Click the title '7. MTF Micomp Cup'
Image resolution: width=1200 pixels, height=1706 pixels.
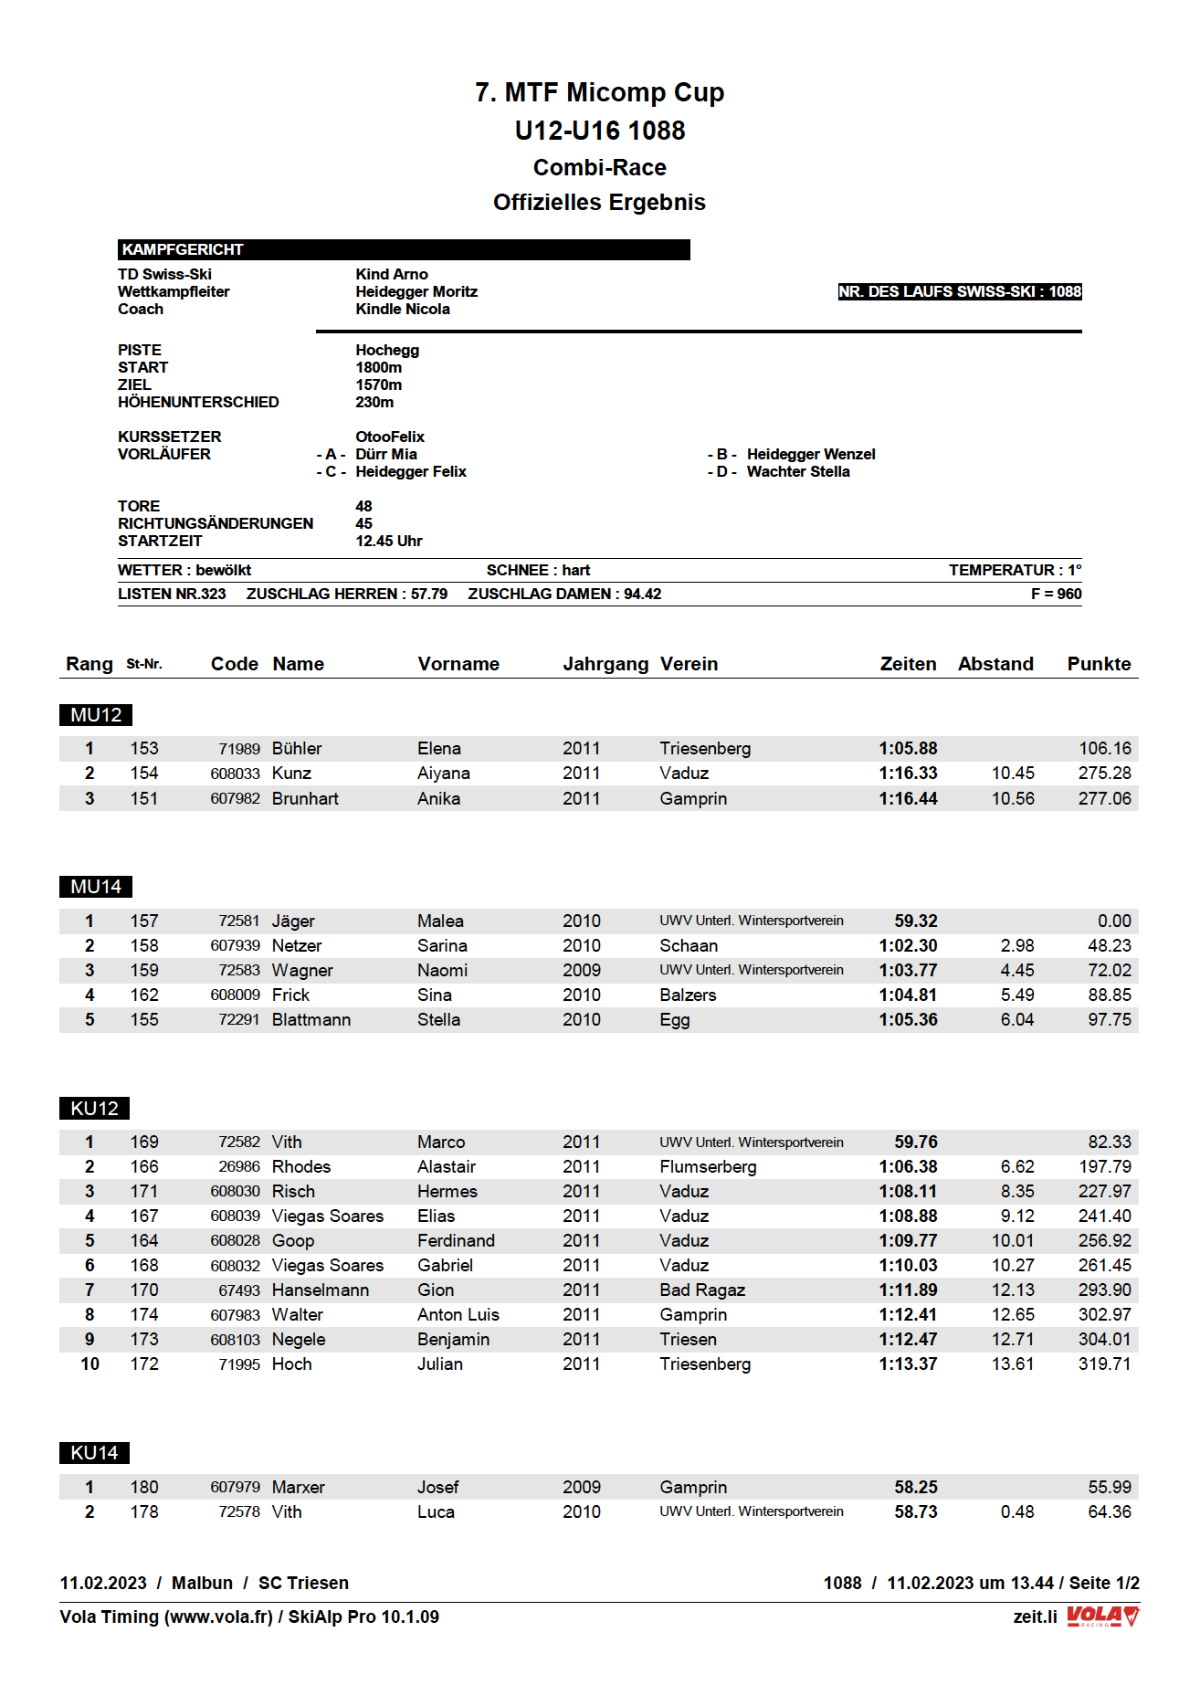[599, 92]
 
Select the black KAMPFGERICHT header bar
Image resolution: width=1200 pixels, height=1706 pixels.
[403, 249]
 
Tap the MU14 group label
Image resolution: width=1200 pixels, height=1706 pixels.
[96, 887]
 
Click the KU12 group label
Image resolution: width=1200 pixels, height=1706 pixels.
[94, 1108]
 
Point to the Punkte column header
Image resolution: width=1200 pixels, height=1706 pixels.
[1099, 664]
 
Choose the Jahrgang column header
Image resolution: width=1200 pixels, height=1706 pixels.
[605, 664]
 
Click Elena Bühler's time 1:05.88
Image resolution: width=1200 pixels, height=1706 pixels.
[908, 748]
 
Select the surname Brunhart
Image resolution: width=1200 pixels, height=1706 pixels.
[305, 798]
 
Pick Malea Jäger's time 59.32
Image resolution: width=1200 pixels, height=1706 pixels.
[915, 921]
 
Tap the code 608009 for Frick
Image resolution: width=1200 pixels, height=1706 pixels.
[235, 995]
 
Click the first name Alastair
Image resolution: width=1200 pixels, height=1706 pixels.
[447, 1166]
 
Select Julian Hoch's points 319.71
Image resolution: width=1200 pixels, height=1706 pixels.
[1104, 1364]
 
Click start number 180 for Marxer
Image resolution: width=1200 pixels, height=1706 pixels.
[144, 1487]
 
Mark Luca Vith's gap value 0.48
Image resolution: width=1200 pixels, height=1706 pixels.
[1016, 1511]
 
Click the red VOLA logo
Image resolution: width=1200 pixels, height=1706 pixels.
[1102, 1616]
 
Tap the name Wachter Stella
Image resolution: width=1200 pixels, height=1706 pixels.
[797, 471]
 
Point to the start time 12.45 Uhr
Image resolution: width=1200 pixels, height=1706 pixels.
[388, 541]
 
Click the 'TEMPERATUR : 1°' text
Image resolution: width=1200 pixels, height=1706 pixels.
[1015, 570]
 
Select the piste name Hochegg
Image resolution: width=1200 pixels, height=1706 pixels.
[387, 350]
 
